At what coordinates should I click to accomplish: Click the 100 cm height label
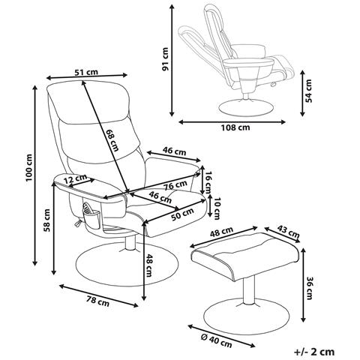tap(29, 167)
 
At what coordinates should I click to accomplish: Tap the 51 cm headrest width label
tap(86, 72)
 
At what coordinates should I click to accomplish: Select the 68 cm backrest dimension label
tap(112, 140)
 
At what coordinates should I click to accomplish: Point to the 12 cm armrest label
tap(75, 178)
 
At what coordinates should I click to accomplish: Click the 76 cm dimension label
tap(175, 185)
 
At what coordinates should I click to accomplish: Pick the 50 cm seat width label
tap(182, 214)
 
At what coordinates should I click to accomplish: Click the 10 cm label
tap(217, 208)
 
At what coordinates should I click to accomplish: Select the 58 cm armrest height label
tap(47, 220)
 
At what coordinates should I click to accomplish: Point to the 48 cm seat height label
tap(148, 265)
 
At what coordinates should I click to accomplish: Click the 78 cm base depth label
tap(97, 301)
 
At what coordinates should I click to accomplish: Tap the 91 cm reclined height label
tap(165, 59)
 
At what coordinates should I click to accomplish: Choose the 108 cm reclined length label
tap(235, 127)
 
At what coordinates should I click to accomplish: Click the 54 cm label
tap(309, 91)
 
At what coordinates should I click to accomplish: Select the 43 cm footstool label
tap(288, 231)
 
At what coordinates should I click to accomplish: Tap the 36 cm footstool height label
tap(309, 288)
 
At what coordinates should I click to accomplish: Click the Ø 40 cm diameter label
tap(217, 341)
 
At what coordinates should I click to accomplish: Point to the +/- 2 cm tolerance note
tap(314, 352)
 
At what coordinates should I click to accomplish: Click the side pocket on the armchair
tap(92, 217)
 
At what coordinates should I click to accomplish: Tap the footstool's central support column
tap(249, 291)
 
